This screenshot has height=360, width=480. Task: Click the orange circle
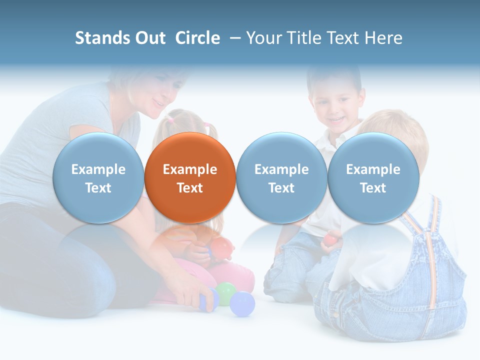190,177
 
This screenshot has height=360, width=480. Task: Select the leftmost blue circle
98,177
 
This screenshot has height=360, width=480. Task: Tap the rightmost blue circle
373,177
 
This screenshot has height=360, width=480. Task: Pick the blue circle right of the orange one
281,177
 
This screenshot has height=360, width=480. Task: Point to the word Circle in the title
197,38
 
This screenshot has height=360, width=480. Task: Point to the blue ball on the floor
242,303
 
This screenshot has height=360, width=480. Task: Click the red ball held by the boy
329,240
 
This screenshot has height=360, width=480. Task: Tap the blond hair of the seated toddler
400,125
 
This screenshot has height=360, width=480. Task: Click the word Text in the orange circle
190,188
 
